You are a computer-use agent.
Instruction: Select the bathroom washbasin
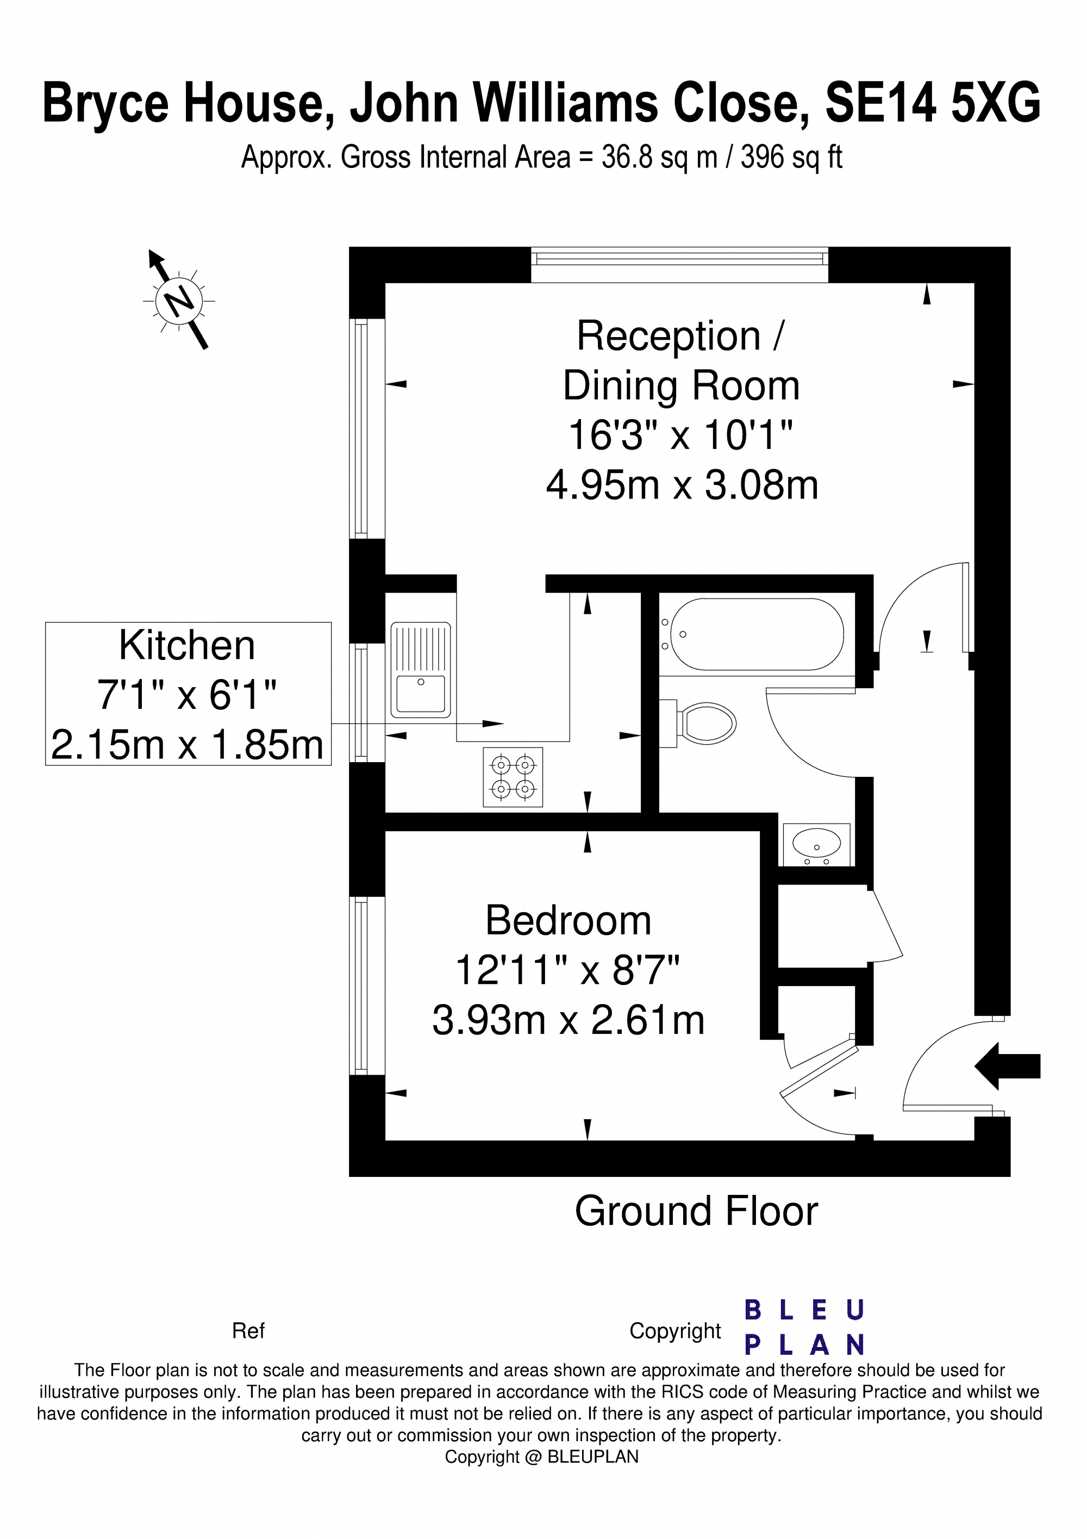[816, 843]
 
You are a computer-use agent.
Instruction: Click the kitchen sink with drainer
[420, 670]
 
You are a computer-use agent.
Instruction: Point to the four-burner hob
[513, 777]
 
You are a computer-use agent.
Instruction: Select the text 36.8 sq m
[658, 158]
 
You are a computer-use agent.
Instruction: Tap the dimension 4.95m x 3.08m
[682, 484]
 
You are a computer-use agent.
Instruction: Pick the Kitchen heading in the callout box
[187, 645]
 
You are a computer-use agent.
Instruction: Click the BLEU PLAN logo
[805, 1327]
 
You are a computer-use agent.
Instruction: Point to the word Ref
[248, 1331]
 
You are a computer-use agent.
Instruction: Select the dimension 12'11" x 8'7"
[567, 970]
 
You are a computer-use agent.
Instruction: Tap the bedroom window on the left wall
[360, 986]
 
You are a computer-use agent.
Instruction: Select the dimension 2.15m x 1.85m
[187, 745]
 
